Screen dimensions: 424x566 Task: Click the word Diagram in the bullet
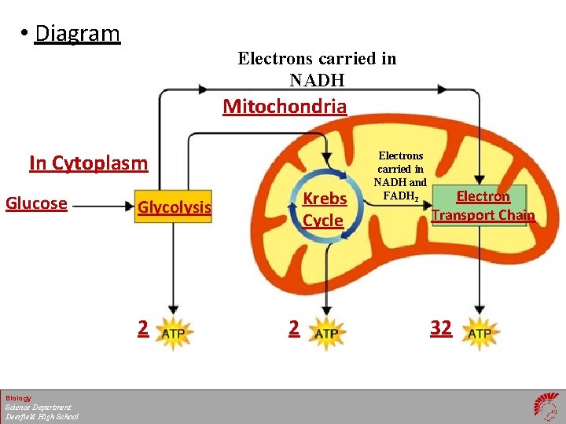click(78, 34)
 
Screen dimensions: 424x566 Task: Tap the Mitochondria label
click(285, 106)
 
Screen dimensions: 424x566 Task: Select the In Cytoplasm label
click(88, 163)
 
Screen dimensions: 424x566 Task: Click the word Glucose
click(36, 203)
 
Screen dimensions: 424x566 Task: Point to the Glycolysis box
click(175, 207)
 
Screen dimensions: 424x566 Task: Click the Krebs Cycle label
click(323, 210)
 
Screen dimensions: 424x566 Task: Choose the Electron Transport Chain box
click(483, 206)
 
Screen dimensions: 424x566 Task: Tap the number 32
click(441, 328)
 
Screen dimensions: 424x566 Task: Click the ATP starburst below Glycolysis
click(173, 332)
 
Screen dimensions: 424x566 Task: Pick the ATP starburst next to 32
click(480, 332)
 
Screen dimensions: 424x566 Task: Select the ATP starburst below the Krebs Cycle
click(325, 332)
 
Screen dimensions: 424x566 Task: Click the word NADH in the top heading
click(317, 80)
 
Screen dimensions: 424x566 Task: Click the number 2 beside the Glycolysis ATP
click(142, 328)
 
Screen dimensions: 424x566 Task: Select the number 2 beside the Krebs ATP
click(294, 328)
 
